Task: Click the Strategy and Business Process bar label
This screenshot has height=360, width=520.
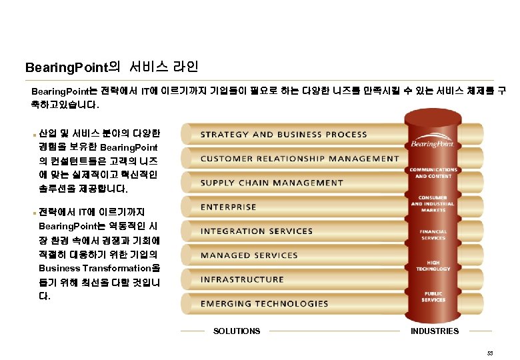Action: point(283,135)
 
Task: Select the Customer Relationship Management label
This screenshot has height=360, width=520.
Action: point(299,159)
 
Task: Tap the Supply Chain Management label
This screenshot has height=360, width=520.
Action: point(272,183)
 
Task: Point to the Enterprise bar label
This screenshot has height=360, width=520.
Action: point(228,207)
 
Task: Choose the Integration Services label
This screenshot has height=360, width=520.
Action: point(257,231)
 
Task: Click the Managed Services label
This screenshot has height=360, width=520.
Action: point(249,255)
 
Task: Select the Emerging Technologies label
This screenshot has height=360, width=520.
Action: point(265,304)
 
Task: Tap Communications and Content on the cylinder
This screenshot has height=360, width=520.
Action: point(434,173)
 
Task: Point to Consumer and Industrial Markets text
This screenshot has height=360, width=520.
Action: point(433,203)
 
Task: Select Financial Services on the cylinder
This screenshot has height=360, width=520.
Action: point(433,235)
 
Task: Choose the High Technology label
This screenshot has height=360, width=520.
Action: point(433,265)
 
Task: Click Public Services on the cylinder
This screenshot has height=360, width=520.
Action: point(433,297)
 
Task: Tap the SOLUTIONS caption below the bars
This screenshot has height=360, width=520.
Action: point(237,331)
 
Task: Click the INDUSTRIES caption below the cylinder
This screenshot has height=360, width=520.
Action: point(435,331)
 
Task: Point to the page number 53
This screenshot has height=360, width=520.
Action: point(490,351)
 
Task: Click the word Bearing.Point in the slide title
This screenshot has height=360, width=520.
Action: point(65,68)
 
